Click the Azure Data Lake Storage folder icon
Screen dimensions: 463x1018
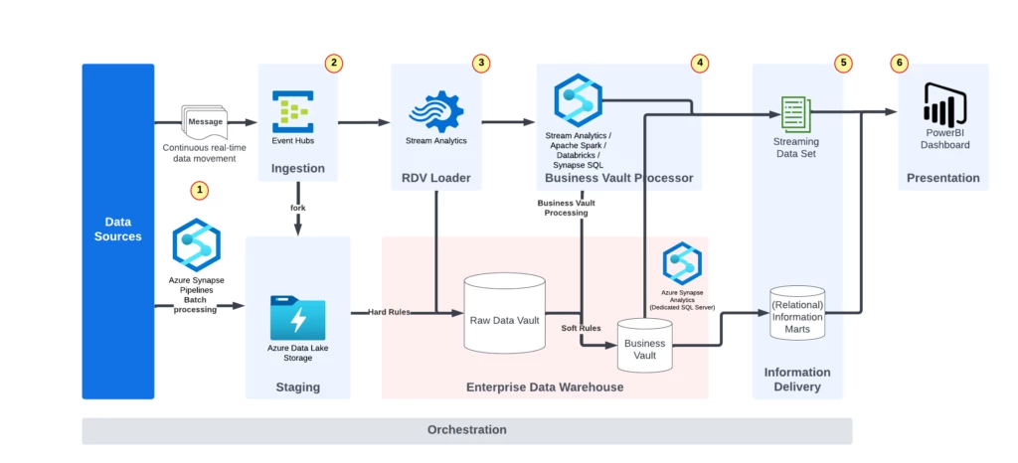tap(297, 317)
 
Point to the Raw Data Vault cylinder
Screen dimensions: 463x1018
tap(504, 312)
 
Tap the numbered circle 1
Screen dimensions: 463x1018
tap(200, 189)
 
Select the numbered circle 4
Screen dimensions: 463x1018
tap(701, 63)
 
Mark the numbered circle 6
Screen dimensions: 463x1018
tap(901, 63)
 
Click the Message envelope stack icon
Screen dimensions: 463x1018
tap(205, 122)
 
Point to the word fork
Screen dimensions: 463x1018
tap(297, 208)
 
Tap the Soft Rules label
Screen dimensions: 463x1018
tap(581, 328)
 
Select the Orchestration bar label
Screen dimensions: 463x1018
tap(466, 430)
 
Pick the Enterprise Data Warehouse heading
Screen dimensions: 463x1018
tap(545, 386)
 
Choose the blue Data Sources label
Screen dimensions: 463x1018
tap(117, 230)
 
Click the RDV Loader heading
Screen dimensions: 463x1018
tap(436, 179)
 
